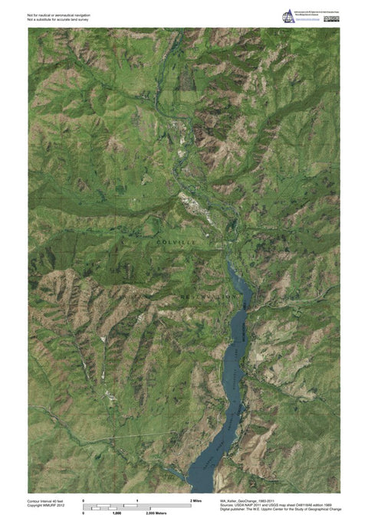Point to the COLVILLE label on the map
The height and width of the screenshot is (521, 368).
pos(176,242)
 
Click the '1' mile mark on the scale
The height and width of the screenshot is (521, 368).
pos(136,500)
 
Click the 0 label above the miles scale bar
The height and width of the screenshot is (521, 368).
pos(84,500)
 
